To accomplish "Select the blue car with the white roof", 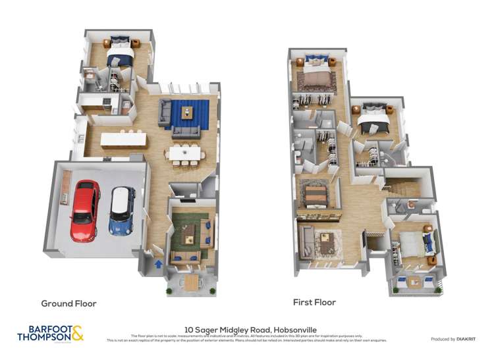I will coord(122,211).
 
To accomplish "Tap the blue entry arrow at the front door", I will coord(157,263).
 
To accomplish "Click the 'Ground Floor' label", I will coord(69,303).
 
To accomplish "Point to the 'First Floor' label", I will coord(314,303).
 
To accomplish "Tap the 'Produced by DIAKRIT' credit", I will coord(453,339).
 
